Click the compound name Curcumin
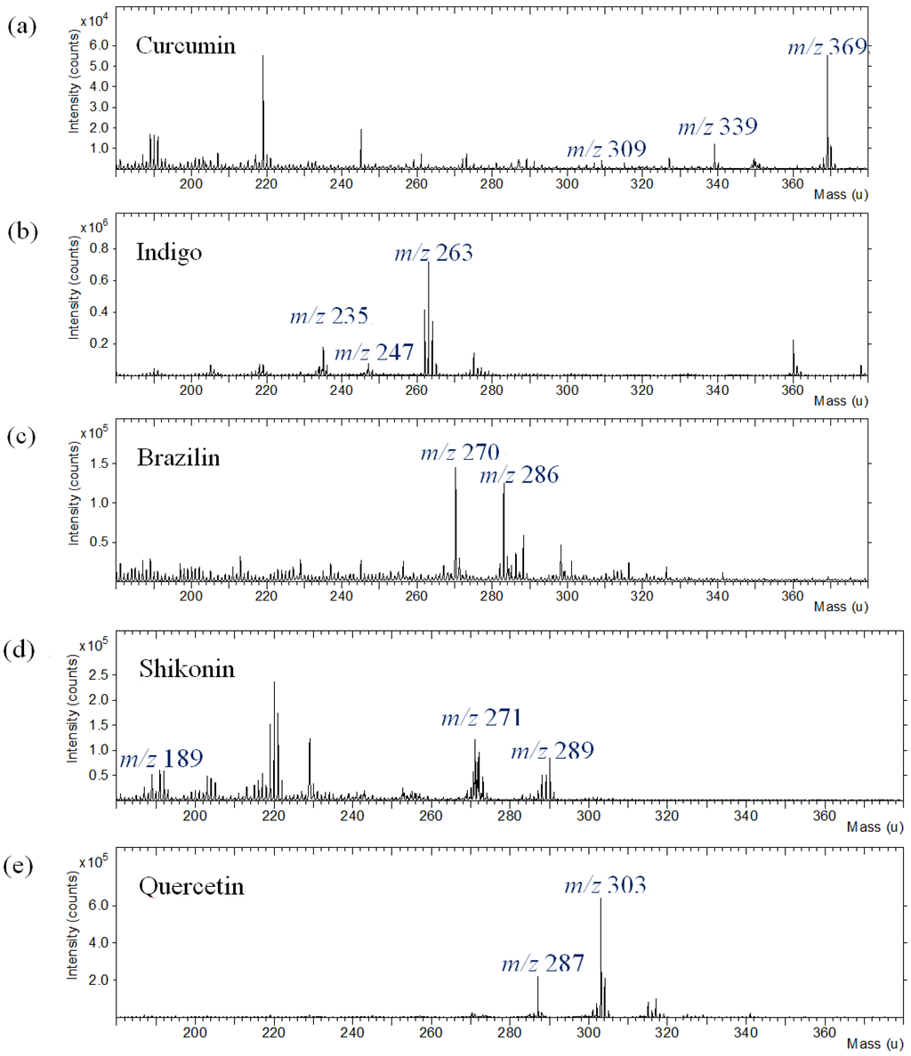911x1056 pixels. point(186,45)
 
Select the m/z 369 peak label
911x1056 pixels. point(826,48)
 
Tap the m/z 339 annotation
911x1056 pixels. point(717,127)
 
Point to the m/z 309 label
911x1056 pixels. point(607,149)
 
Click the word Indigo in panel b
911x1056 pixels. point(169,252)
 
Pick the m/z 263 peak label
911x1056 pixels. point(433,254)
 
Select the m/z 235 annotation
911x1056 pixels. point(328,316)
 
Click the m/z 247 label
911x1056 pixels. point(374,353)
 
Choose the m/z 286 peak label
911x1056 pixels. point(520,475)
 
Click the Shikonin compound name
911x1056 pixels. point(187,669)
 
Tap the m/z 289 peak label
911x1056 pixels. point(552,752)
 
